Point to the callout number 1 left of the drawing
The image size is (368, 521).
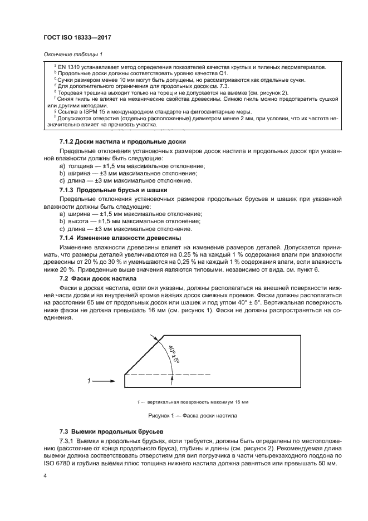(89, 381)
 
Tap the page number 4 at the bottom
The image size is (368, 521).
(45, 475)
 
